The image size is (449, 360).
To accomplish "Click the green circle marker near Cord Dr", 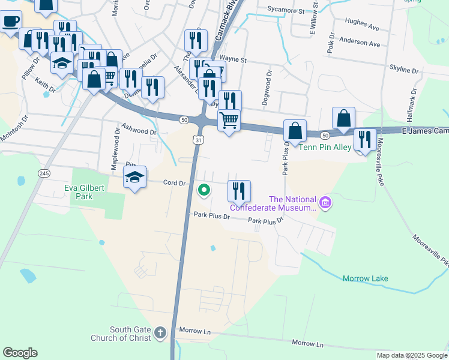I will [x=204, y=191].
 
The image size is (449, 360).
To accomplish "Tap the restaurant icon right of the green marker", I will [x=239, y=191].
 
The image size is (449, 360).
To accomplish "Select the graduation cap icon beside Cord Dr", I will [x=134, y=178].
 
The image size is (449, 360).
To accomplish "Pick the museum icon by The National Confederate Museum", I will [x=325, y=203].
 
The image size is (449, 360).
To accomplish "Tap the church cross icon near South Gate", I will [x=160, y=332].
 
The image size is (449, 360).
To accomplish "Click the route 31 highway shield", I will [x=198, y=139].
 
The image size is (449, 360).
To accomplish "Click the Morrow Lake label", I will [x=365, y=278].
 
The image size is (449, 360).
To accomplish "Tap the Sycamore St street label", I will [x=284, y=10].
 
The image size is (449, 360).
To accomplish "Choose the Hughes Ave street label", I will [x=362, y=27].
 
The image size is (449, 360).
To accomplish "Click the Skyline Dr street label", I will [x=403, y=70].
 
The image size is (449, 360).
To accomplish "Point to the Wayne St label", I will [x=235, y=60].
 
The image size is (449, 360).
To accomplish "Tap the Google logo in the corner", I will [x=20, y=352].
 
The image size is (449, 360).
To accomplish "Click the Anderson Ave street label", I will [x=360, y=44].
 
